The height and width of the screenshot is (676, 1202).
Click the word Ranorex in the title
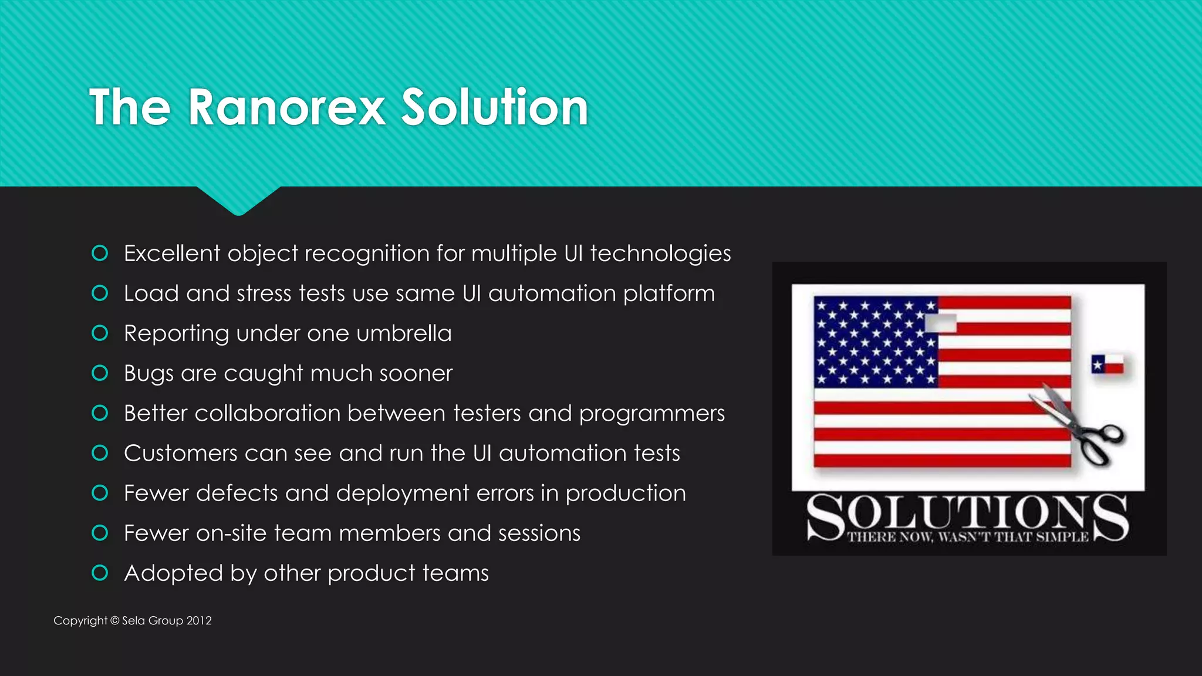coord(286,107)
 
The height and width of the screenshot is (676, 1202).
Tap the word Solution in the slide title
coord(494,107)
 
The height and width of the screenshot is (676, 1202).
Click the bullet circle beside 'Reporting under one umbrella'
coord(100,333)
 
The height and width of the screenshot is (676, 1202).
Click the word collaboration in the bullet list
coord(267,413)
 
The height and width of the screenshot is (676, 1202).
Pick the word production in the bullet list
coord(626,494)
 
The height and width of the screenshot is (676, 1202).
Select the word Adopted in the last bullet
coord(173,573)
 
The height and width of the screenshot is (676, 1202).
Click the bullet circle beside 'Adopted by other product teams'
coord(100,573)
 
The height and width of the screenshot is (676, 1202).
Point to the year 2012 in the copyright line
coord(199,621)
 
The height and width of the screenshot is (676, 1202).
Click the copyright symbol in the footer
coord(115,621)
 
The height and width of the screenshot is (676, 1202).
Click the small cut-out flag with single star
coord(1108,364)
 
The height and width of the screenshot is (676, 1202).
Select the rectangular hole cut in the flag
coord(940,323)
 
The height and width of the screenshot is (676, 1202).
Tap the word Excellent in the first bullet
coord(172,253)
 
